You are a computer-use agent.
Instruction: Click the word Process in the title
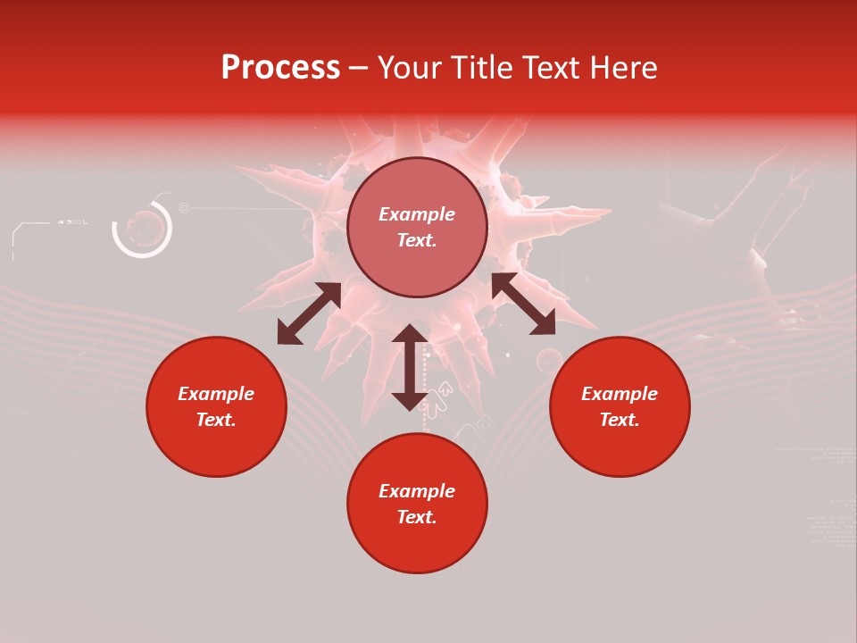280,68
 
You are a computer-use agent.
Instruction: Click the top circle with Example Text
417,227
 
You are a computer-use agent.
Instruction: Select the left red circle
216,406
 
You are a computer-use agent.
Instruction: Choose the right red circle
620,406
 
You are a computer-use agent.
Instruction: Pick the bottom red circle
417,503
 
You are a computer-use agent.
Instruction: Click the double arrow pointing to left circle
309,313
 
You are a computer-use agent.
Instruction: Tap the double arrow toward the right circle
523,304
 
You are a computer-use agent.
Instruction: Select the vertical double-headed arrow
410,367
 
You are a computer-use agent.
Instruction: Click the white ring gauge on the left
142,229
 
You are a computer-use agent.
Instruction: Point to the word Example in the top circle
417,214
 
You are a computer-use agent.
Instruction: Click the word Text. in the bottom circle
417,517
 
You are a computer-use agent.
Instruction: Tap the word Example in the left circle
216,394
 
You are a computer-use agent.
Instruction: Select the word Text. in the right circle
620,420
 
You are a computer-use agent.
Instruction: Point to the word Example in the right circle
620,394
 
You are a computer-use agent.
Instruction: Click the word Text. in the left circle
216,420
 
